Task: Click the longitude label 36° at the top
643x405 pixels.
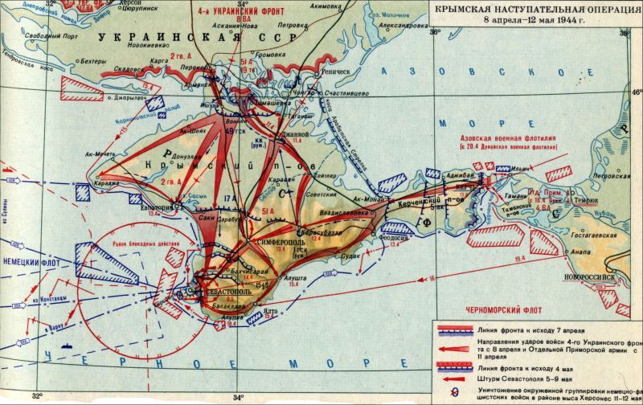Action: pos(435,33)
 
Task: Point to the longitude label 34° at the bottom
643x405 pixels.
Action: pos(239,396)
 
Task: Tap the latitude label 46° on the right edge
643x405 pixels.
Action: pos(635,93)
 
